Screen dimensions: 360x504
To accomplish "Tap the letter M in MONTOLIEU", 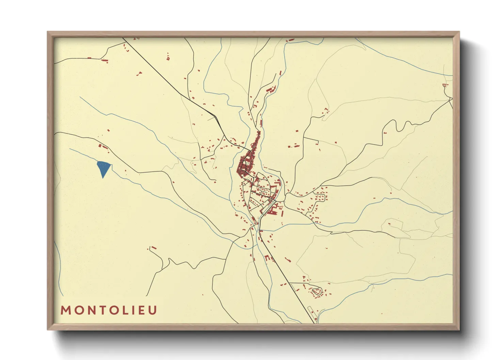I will [x=65, y=310].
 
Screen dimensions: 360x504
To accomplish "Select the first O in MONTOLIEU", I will [x=78, y=310].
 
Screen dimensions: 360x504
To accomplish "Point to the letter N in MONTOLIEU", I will [x=91, y=310].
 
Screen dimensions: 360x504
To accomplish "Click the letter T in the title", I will [x=102, y=310].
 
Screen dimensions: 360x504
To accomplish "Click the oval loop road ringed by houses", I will [x=317, y=291].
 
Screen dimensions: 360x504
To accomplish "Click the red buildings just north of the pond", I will [x=103, y=147].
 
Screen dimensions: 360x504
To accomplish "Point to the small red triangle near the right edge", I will [x=444, y=85].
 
